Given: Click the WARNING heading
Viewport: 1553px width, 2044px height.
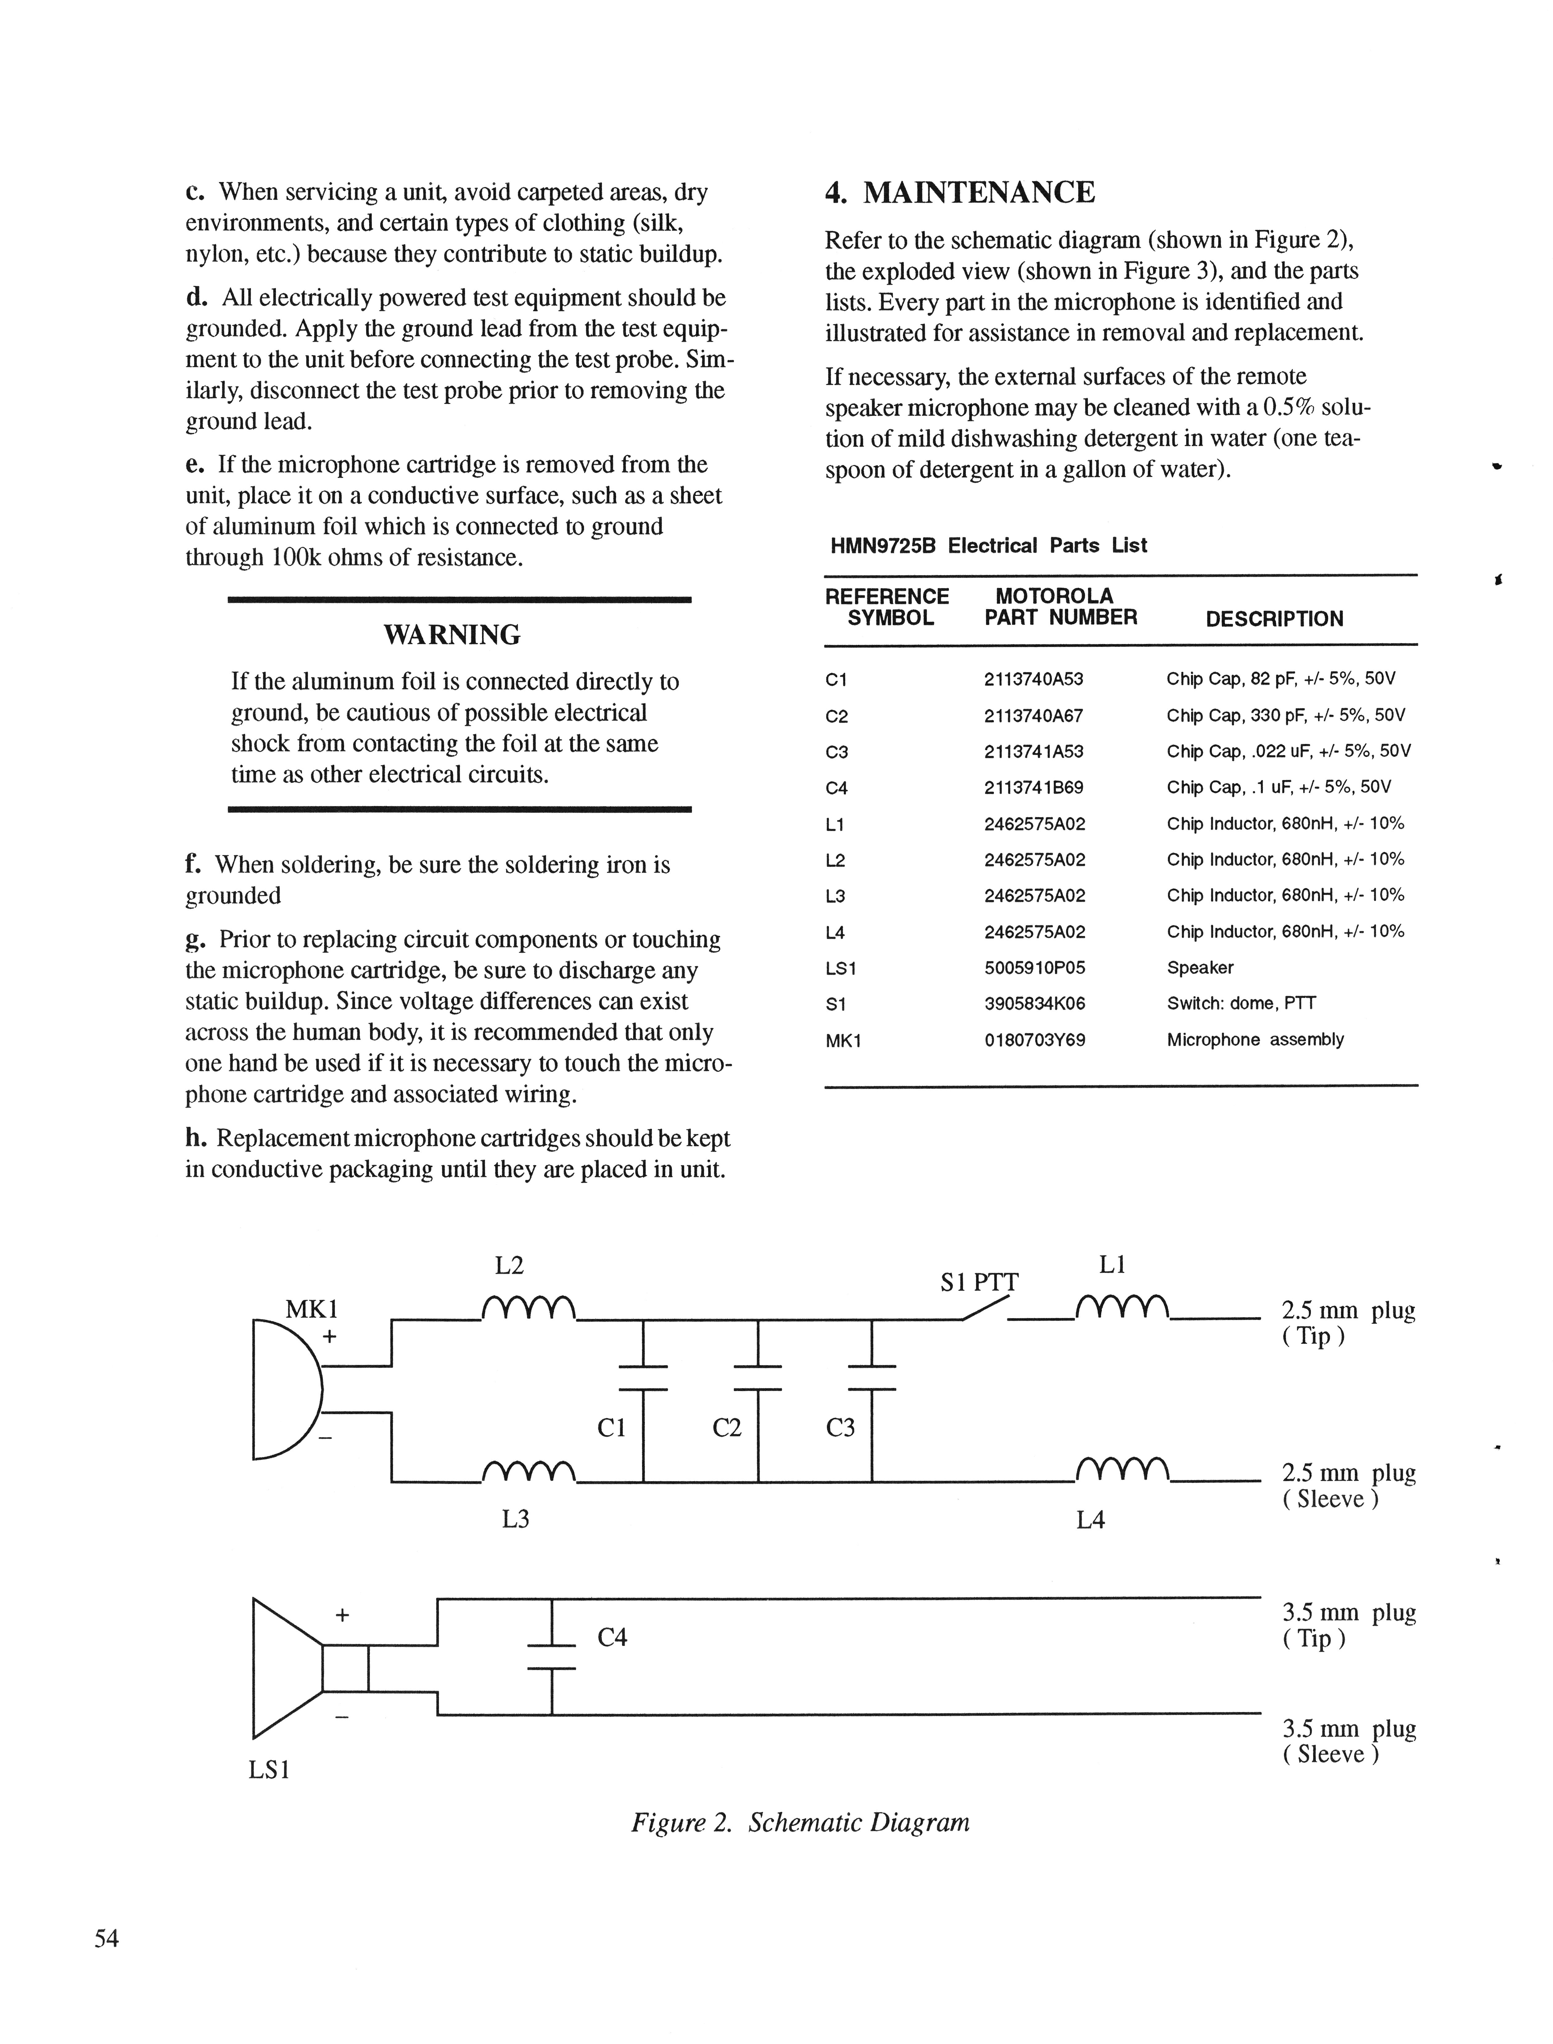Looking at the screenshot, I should tap(452, 635).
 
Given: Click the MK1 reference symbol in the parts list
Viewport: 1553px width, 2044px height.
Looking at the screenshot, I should tap(843, 1041).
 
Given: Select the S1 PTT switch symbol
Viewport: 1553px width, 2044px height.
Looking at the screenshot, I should tap(984, 1307).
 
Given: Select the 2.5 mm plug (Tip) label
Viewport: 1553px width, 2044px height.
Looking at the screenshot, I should tap(1348, 1323).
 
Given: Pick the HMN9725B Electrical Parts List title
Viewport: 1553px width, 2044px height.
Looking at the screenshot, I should tap(988, 546).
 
